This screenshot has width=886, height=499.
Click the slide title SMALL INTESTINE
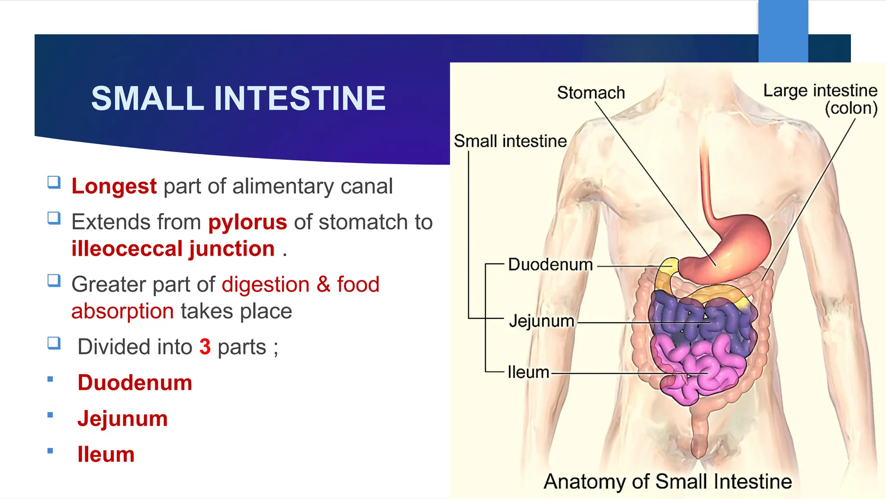tap(238, 98)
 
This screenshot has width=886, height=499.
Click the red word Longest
tap(114, 187)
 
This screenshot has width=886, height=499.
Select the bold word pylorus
tap(247, 222)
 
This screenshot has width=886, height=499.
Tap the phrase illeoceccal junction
tap(173, 249)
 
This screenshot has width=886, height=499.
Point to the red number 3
tap(205, 347)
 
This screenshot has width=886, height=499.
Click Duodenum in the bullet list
tap(135, 383)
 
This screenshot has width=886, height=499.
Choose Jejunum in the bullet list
tap(122, 419)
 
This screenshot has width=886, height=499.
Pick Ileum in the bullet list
tap(106, 455)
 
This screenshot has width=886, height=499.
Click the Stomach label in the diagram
tap(591, 93)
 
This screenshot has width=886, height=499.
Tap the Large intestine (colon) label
tap(820, 99)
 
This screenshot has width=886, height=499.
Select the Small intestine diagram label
tap(510, 141)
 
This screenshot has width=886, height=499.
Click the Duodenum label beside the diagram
tap(550, 265)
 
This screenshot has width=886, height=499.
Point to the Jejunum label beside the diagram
tap(541, 321)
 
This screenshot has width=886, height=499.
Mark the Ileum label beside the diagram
tap(528, 372)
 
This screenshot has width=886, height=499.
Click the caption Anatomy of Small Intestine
tap(668, 481)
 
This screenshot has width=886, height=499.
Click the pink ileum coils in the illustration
tap(709, 368)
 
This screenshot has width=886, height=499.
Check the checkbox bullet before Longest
tap(54, 182)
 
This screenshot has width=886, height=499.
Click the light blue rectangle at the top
tap(783, 30)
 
